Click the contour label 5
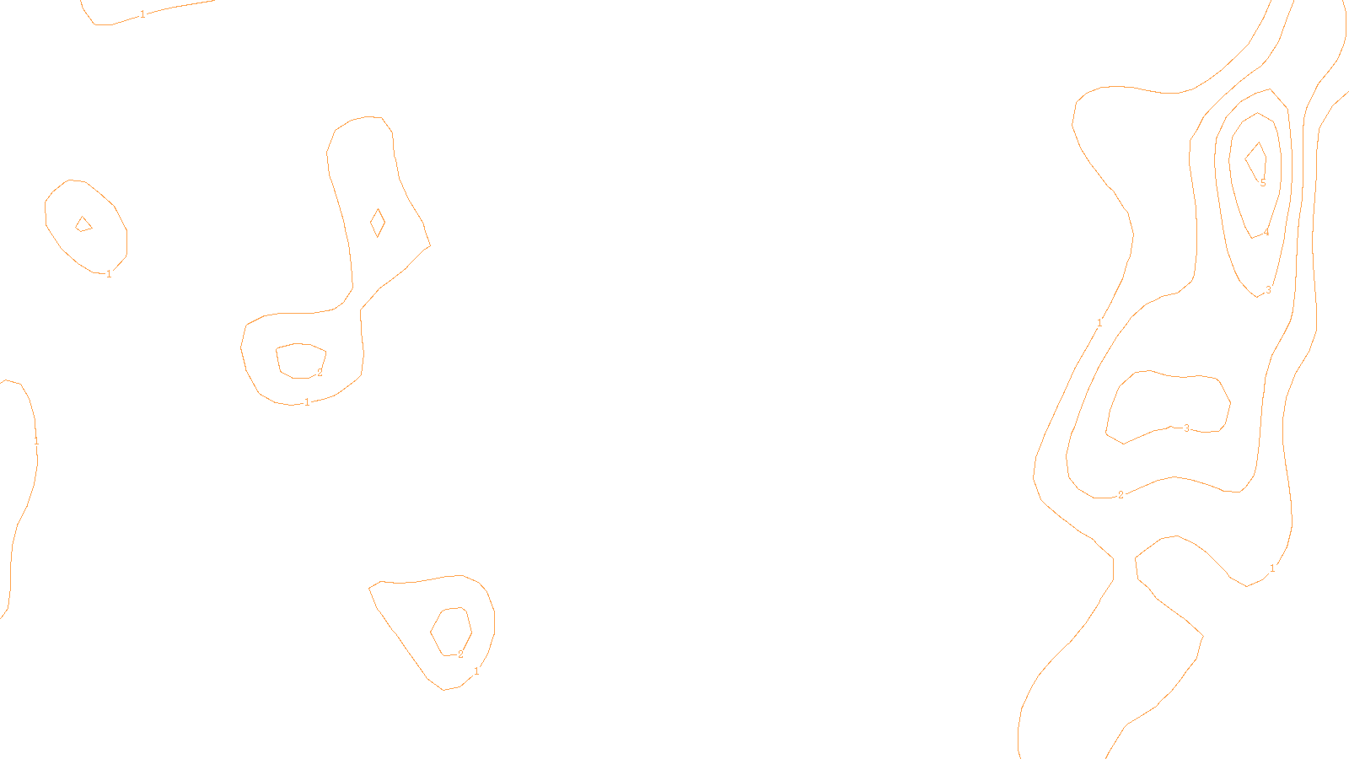pyautogui.click(x=1263, y=183)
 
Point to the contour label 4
pyautogui.click(x=1266, y=234)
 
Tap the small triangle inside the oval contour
pyautogui.click(x=83, y=224)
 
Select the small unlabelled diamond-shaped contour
pyautogui.click(x=378, y=223)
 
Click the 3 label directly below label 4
pyautogui.click(x=1268, y=290)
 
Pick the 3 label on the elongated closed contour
pyautogui.click(x=1186, y=428)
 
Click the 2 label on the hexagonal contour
pyautogui.click(x=460, y=654)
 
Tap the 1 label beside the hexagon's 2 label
pyautogui.click(x=476, y=671)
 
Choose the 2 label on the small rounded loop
pyautogui.click(x=320, y=373)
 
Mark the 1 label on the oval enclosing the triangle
pyautogui.click(x=109, y=274)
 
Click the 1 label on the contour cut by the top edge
pyautogui.click(x=142, y=14)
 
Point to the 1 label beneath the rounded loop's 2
pyautogui.click(x=307, y=402)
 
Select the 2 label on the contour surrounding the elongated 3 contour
pyautogui.click(x=1121, y=495)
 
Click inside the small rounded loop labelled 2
pyautogui.click(x=298, y=360)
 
